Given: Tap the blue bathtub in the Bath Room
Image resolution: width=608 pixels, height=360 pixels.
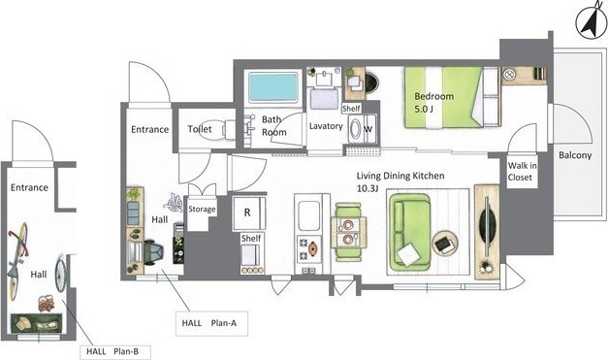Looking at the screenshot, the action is coord(273,87).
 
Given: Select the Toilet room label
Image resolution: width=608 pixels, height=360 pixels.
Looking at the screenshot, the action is coord(200,129).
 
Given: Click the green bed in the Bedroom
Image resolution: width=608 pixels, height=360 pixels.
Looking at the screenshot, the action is coord(452,97).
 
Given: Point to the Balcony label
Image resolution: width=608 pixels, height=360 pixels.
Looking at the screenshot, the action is coord(575,155).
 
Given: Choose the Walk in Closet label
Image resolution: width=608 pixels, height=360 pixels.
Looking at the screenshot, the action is coord(523,172).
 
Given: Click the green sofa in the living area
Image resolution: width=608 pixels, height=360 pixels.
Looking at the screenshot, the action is coord(410,232).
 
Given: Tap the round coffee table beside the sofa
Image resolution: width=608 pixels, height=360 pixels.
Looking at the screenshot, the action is coord(445,244).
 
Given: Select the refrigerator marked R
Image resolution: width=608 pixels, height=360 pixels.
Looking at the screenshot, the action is coord(249,213).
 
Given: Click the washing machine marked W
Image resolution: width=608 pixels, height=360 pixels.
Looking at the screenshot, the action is coord(362,129).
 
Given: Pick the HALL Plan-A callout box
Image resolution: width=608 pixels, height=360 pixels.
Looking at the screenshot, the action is coord(211,323).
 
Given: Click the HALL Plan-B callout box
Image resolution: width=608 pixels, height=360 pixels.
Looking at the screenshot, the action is coord(115,352).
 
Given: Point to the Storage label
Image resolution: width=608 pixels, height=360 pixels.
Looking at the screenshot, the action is coord(202,209).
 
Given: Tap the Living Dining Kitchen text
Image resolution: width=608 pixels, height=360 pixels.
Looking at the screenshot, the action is coord(400,176).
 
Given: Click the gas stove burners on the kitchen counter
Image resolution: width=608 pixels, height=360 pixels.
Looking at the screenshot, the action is coord(308,250).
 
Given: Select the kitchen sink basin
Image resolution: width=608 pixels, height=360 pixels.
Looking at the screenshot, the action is coord(309,215).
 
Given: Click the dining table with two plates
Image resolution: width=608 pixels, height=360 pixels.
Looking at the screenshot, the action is coord(348,232).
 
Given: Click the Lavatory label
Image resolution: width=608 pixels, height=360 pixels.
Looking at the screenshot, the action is coord(326,126).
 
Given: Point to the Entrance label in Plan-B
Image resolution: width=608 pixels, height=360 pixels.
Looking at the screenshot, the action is coord(29,187).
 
